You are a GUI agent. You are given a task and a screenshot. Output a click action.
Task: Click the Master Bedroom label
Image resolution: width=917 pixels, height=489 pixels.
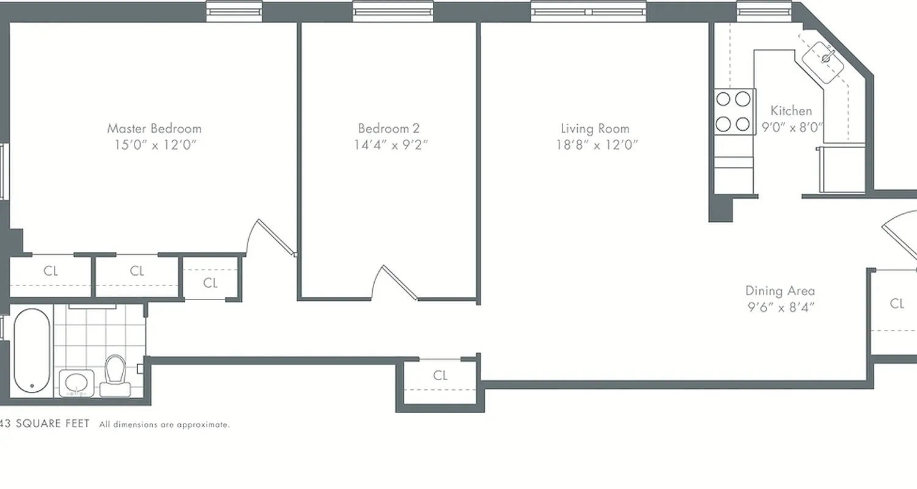click(x=154, y=128)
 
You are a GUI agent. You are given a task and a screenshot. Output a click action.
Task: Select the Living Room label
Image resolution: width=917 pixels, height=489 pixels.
click(x=595, y=128)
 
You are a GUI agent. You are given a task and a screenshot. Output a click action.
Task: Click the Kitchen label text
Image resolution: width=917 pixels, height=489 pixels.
click(x=791, y=111)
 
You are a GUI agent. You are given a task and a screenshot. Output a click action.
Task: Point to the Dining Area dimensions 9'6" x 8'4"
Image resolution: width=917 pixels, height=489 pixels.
click(x=781, y=307)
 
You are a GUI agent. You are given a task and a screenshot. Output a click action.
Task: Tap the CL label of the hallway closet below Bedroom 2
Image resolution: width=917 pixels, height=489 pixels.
click(x=440, y=375)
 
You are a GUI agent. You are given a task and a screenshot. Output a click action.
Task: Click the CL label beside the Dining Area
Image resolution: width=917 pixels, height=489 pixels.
click(x=897, y=303)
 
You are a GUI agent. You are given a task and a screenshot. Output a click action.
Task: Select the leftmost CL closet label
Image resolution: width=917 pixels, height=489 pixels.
click(x=51, y=271)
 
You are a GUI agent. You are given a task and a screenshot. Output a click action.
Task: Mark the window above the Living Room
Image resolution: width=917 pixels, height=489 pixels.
click(x=587, y=12)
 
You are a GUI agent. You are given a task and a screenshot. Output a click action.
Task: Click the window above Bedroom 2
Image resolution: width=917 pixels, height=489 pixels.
click(x=393, y=12)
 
